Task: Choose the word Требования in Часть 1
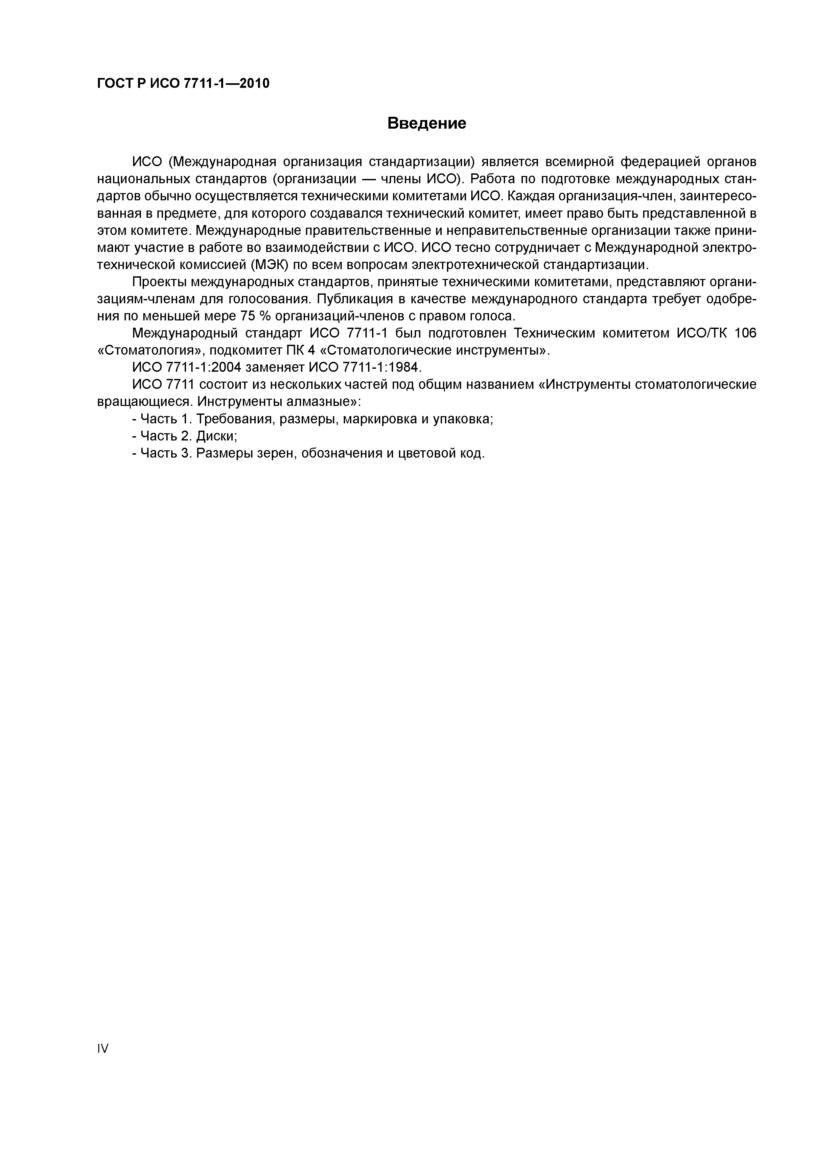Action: [234, 419]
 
